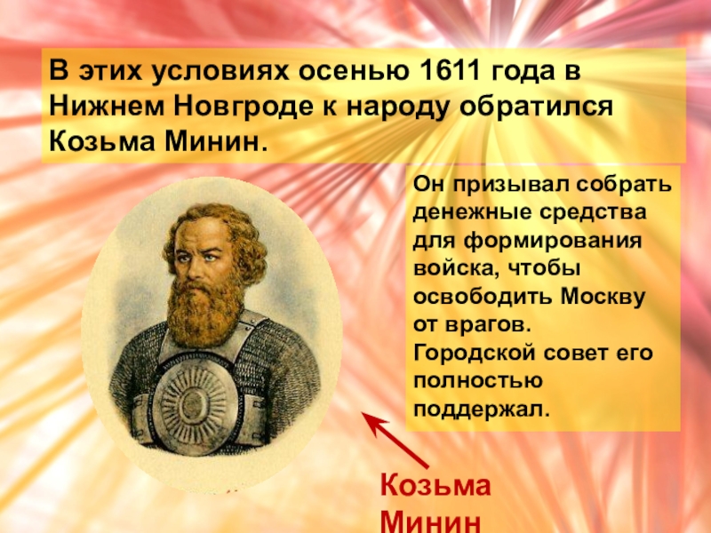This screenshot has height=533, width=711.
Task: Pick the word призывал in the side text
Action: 498,187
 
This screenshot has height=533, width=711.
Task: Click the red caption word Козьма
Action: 435,486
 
